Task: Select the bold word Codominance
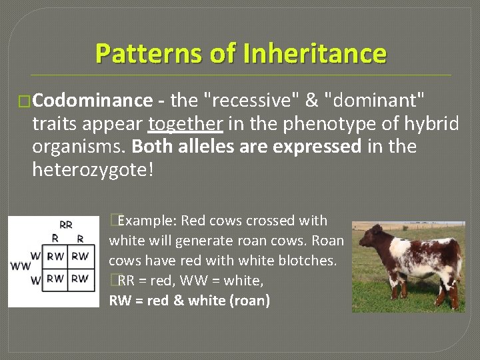coord(93,101)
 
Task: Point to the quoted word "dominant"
coord(374,101)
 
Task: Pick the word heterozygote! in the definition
coord(93,169)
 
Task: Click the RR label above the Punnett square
coord(66,225)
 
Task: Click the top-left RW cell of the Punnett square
coord(56,256)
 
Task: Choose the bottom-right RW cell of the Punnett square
coord(79,279)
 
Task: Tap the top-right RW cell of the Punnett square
coord(79,256)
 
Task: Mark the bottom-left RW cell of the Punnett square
coord(56,279)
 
